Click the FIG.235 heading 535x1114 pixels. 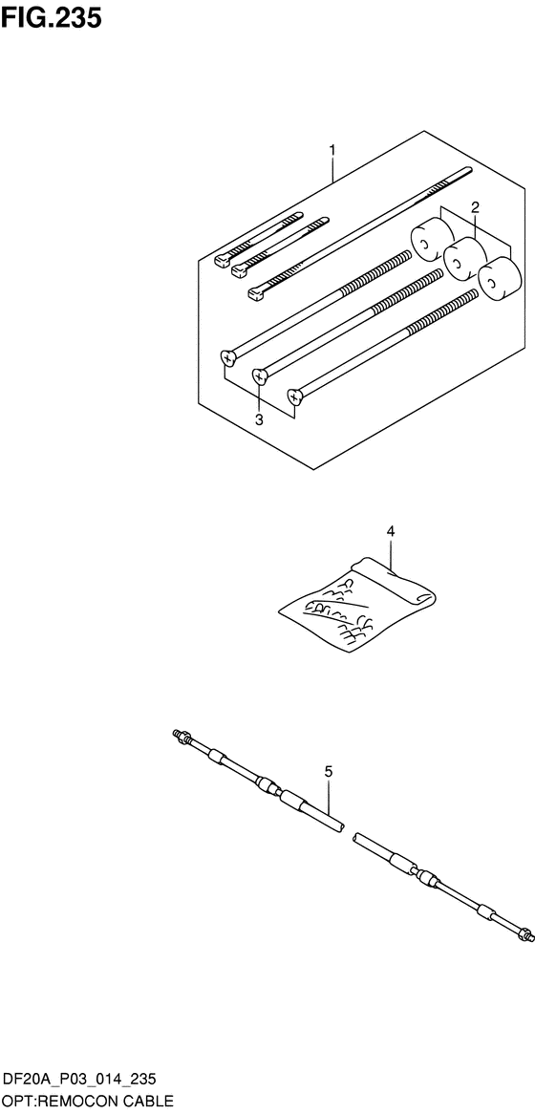coord(52,18)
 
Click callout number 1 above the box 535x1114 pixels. coord(332,150)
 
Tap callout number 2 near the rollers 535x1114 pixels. coord(476,207)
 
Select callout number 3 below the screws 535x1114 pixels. coord(259,419)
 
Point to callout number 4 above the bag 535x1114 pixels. coord(390,530)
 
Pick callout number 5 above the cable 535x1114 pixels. coord(329,771)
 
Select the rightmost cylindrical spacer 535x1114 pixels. coord(498,279)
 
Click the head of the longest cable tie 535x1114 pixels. coord(256,292)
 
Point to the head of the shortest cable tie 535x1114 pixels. coord(223,261)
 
